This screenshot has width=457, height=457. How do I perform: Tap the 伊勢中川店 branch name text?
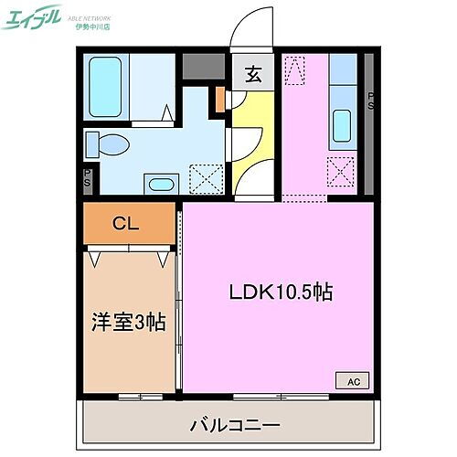[90, 25]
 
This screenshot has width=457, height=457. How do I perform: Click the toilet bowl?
[108, 144]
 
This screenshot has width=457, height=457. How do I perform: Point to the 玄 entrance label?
[251, 76]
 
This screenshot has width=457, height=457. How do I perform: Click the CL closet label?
[126, 224]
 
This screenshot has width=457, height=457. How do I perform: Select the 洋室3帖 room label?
[128, 322]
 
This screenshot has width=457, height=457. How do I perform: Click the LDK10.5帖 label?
[280, 292]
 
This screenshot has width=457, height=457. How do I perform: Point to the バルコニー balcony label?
[234, 424]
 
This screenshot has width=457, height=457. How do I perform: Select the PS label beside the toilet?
[87, 176]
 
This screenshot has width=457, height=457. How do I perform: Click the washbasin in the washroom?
[160, 184]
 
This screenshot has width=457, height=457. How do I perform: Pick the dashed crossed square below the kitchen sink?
[340, 170]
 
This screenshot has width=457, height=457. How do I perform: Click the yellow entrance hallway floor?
[249, 137]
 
